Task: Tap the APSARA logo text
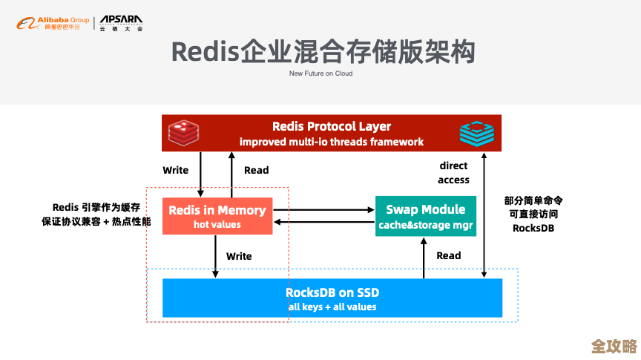click(122, 20)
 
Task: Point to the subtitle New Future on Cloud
click(320, 73)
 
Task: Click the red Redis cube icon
click(180, 133)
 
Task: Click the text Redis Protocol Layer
click(331, 126)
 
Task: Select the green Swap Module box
click(425, 217)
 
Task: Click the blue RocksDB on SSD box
click(332, 298)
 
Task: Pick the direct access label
click(453, 173)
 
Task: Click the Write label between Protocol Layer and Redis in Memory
click(176, 170)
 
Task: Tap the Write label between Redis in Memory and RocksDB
click(239, 256)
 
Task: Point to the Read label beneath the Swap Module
click(448, 255)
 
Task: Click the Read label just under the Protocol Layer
click(256, 170)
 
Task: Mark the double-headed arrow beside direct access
click(484, 215)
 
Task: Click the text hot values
click(217, 224)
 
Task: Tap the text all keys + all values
click(332, 307)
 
